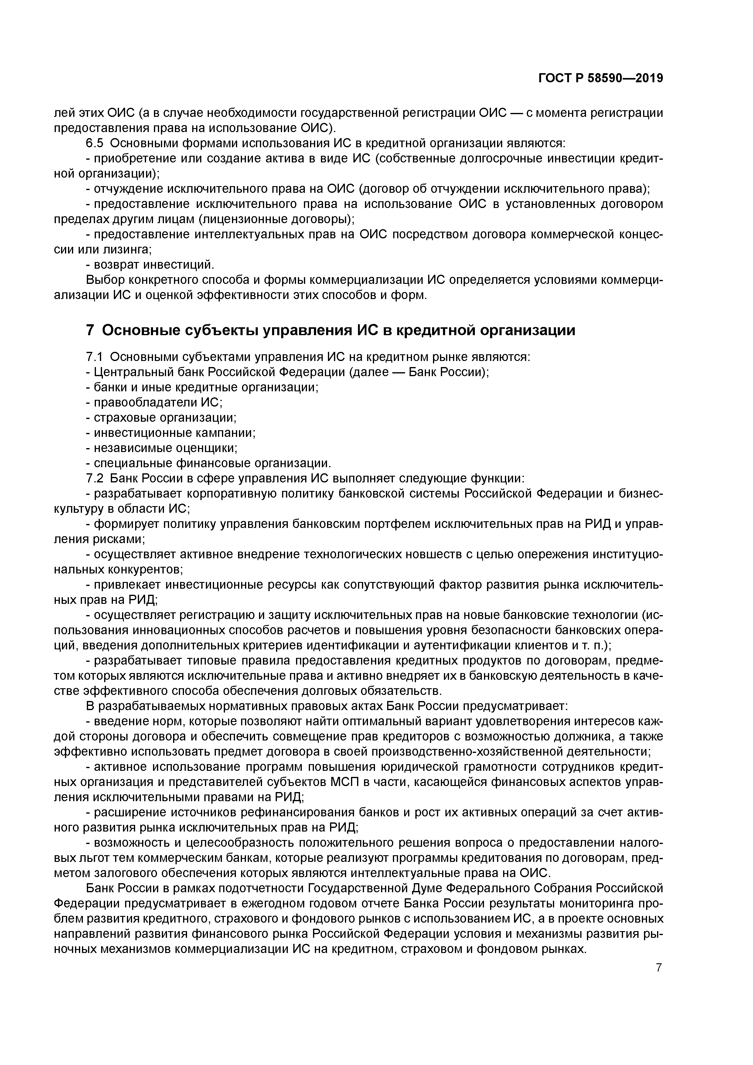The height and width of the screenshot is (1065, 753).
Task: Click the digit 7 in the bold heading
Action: pyautogui.click(x=90, y=330)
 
